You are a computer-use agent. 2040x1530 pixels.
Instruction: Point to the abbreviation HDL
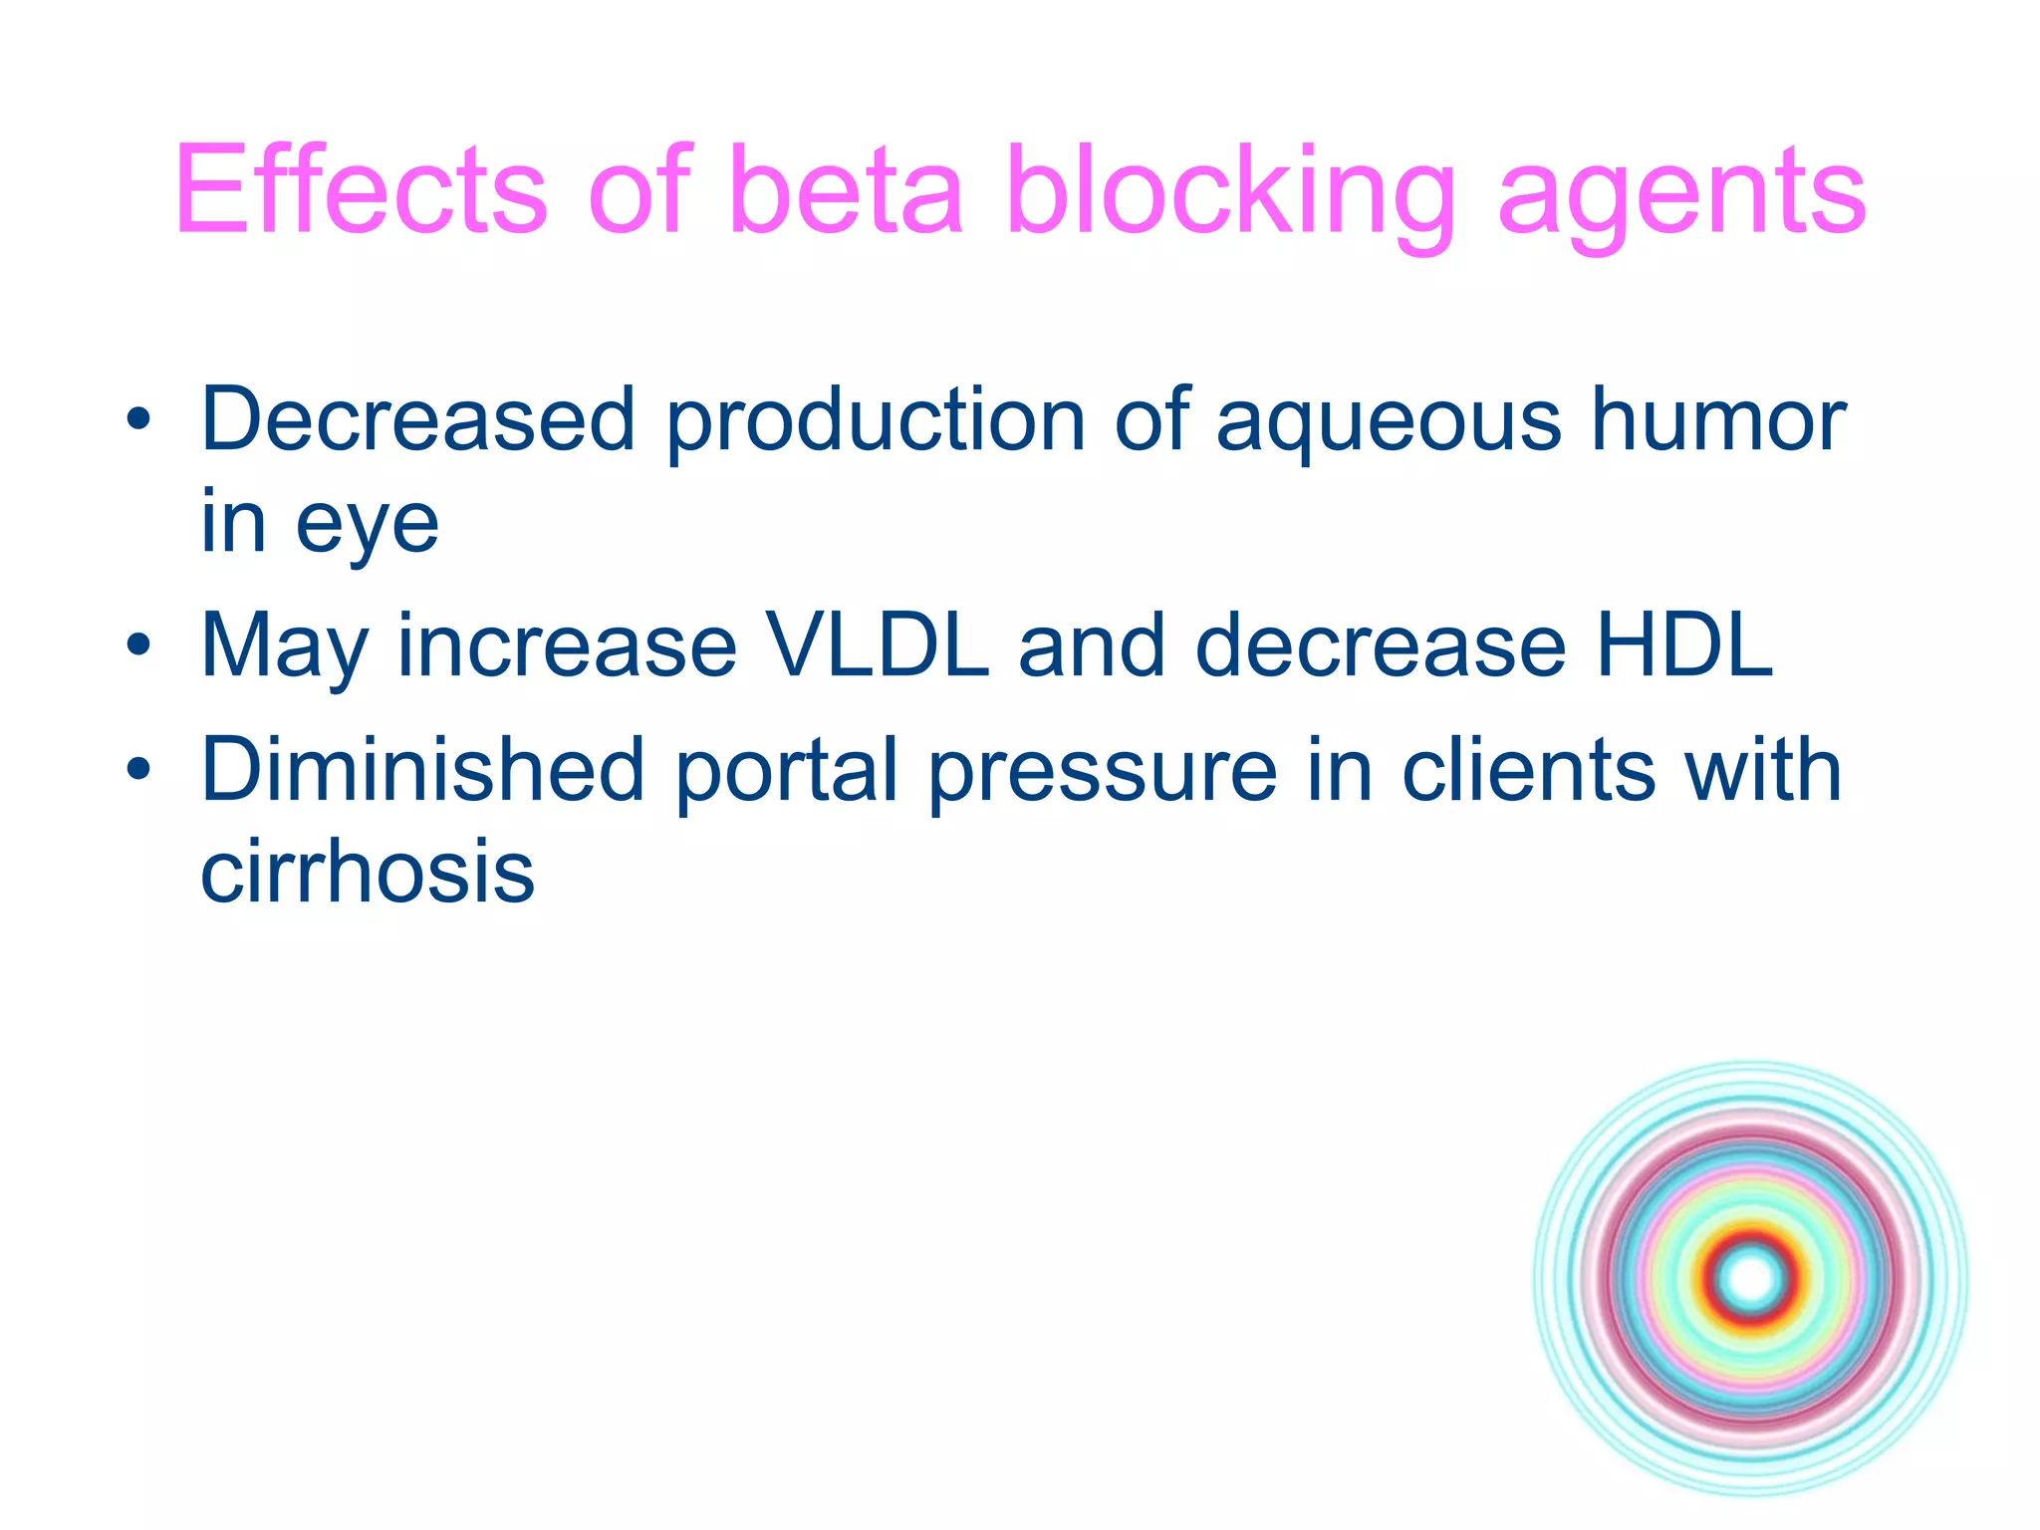point(1683,645)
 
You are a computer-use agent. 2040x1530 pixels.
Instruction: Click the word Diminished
point(423,769)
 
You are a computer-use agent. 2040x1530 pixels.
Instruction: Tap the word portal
point(787,769)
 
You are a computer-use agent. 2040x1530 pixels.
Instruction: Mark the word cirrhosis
point(368,873)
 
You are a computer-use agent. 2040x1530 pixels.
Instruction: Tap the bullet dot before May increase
point(138,646)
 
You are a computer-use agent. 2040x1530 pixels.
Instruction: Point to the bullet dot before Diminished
point(138,770)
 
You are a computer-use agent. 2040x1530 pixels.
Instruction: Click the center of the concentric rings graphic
point(1751,1278)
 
